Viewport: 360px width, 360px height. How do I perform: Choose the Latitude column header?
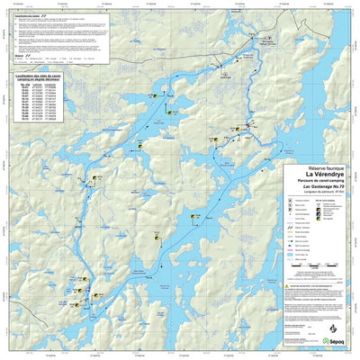[x=37, y=86]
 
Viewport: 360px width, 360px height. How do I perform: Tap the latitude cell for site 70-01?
[x=37, y=90]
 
